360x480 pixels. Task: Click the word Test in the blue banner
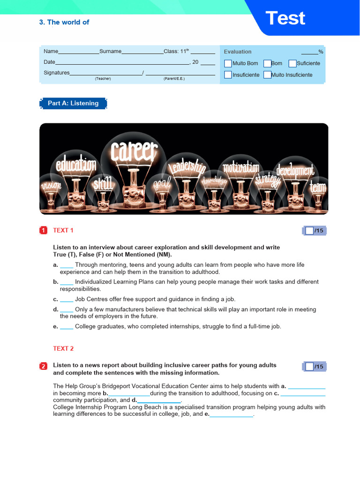click(285, 18)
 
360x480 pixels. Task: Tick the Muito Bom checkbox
click(228, 63)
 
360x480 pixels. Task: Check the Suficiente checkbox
click(292, 63)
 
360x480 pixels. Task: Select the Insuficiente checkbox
click(228, 75)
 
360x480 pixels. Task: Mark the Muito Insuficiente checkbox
click(267, 75)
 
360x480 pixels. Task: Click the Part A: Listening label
click(73, 103)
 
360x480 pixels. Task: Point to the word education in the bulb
click(76, 165)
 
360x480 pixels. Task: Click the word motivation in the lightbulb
click(240, 167)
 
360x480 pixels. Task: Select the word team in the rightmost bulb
click(317, 188)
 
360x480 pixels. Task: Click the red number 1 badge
click(43, 230)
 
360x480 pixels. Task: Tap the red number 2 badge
click(43, 366)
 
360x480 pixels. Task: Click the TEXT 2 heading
click(63, 348)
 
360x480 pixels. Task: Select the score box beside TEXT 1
click(309, 231)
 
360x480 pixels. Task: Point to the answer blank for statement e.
click(67, 327)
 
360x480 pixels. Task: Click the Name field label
click(51, 51)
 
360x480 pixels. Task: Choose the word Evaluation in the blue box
click(238, 52)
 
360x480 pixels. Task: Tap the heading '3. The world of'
click(64, 22)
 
